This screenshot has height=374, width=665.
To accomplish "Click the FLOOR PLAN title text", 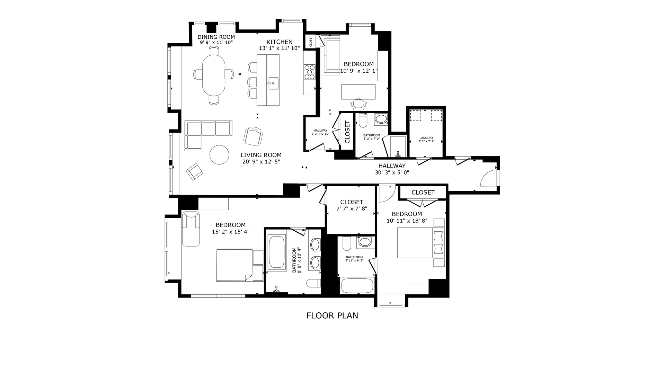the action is [x=332, y=315].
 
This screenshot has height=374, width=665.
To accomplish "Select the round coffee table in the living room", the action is [x=219, y=154].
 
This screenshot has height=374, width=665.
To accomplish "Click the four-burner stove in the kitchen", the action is [x=309, y=72].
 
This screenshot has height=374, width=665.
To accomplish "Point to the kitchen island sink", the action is [x=273, y=83].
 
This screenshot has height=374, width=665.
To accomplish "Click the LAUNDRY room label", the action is [x=426, y=138].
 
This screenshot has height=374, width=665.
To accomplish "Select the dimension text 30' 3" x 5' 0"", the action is [x=392, y=172].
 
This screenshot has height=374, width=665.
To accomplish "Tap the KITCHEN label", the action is [x=280, y=42].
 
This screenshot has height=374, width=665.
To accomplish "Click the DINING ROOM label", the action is [x=216, y=37].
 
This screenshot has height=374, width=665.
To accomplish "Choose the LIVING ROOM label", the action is [x=261, y=155].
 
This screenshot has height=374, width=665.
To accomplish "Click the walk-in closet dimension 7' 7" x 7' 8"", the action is [x=352, y=209].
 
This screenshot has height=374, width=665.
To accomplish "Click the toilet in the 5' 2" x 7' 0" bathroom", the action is [x=363, y=121].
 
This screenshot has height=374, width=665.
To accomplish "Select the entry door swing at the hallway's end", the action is [x=488, y=179].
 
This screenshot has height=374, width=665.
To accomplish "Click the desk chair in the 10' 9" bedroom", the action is [x=358, y=103].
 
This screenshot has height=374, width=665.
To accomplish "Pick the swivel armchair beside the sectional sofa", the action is [x=253, y=136].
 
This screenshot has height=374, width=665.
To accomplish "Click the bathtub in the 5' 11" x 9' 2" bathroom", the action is [x=357, y=286].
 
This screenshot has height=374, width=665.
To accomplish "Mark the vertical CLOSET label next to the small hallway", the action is [x=347, y=132].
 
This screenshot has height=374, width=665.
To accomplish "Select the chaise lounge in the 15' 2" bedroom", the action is [x=191, y=228].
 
